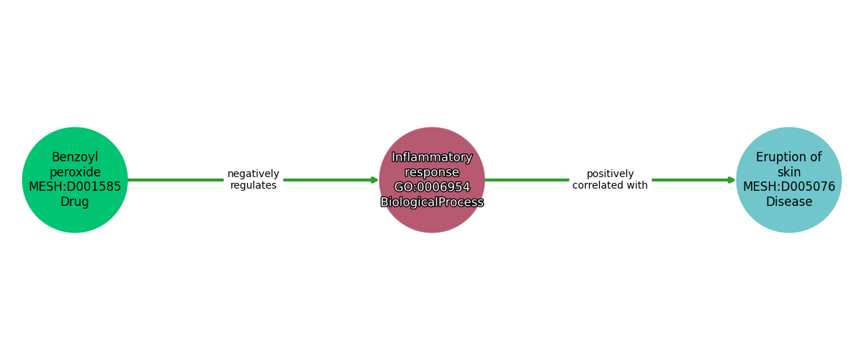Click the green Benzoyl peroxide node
[75, 180]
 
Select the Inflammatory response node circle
[432, 180]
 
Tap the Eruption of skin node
[789, 180]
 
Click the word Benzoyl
[75, 158]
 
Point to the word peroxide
[75, 172]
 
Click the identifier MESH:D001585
[75, 186]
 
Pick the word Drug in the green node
[75, 202]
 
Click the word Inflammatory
[432, 158]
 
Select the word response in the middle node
[432, 172]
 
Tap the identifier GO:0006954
[432, 186]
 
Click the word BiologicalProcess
[432, 202]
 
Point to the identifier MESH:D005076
[789, 186]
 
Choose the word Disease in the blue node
[789, 202]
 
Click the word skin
[789, 172]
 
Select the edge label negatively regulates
[253, 179]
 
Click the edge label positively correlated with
[611, 179]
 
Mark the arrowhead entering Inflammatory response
[374, 180]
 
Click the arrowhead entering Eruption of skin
[732, 180]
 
